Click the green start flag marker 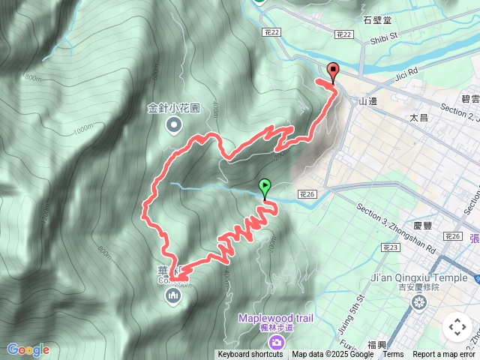pyautogui.click(x=265, y=187)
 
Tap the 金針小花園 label pyautogui.click(x=174, y=107)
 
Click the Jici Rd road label pyautogui.click(x=403, y=75)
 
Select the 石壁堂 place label pyautogui.click(x=377, y=20)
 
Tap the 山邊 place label pyautogui.click(x=367, y=101)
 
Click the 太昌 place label pyautogui.click(x=418, y=118)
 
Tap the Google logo pyautogui.click(x=28, y=349)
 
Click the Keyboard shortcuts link pyautogui.click(x=250, y=355)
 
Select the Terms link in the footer pyautogui.click(x=393, y=355)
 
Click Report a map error pyautogui.click(x=445, y=355)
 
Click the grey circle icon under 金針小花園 pyautogui.click(x=174, y=124)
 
